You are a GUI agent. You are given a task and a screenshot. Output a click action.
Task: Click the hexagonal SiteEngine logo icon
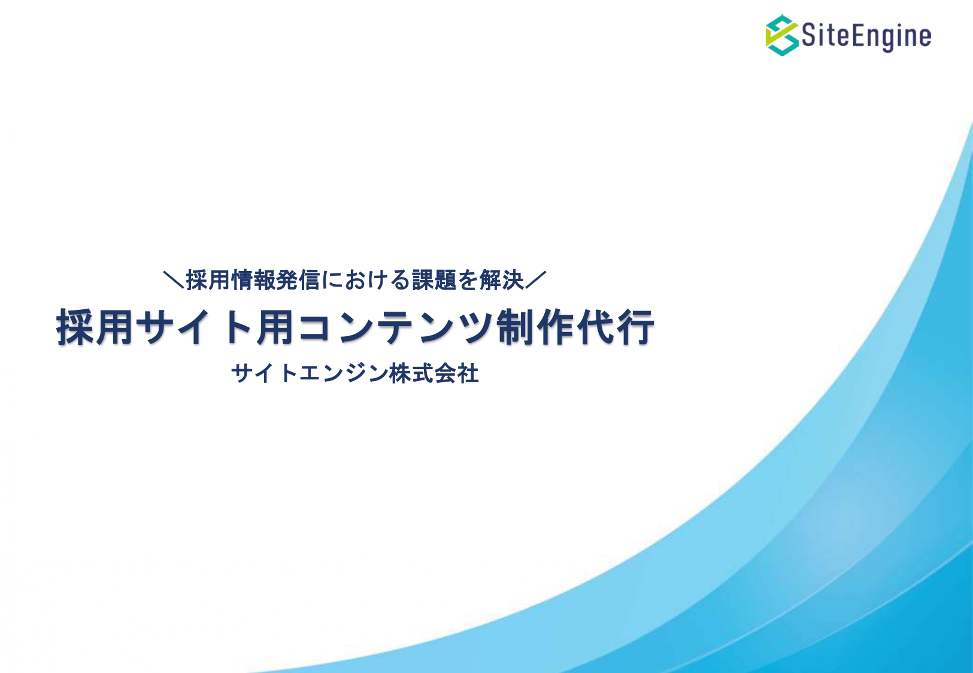[x=782, y=35]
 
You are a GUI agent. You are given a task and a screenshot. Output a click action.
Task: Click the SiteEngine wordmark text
[x=866, y=36]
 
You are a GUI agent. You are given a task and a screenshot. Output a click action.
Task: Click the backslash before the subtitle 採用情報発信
[x=174, y=280]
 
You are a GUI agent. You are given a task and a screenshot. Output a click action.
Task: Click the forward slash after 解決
[x=535, y=280]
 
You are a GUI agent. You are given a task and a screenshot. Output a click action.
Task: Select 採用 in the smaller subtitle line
[x=208, y=280]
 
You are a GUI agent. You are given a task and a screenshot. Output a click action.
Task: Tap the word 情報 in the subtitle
[x=253, y=280]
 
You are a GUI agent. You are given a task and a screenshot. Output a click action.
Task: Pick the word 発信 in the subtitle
[x=298, y=280]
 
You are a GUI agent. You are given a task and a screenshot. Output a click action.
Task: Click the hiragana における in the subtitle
[x=366, y=280]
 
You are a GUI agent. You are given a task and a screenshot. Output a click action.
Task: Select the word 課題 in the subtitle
[x=434, y=280]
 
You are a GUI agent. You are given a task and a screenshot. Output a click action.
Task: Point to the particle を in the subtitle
[x=468, y=280]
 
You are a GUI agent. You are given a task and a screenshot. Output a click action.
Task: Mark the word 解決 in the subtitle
[x=502, y=280]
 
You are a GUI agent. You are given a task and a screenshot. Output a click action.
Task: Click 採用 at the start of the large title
[x=95, y=327]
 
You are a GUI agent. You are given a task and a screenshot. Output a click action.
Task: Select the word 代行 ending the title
[x=616, y=327]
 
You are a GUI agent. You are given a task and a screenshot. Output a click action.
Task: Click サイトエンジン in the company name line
[x=310, y=373]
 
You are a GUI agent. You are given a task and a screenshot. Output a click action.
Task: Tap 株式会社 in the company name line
[x=434, y=373]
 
